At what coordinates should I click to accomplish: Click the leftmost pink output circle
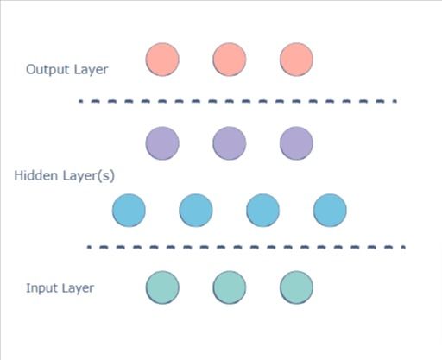162,60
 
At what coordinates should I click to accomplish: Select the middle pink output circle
230,60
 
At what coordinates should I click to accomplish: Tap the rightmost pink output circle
296,60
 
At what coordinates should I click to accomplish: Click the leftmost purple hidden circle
162,142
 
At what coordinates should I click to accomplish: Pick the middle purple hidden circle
230,142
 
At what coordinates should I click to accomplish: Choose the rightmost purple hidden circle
296,142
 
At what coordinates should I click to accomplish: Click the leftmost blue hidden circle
129,210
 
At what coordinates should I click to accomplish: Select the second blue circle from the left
196,210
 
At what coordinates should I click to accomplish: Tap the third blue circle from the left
262,210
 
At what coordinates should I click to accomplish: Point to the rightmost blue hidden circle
330,210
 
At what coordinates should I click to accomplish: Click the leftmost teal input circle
162,287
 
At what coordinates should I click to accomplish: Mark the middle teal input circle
230,287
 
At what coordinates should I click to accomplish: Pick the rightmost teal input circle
296,287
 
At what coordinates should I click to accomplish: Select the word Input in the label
41,287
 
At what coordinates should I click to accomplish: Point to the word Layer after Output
92,70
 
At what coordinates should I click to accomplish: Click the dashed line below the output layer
237,101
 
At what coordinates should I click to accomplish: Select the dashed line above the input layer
246,248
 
